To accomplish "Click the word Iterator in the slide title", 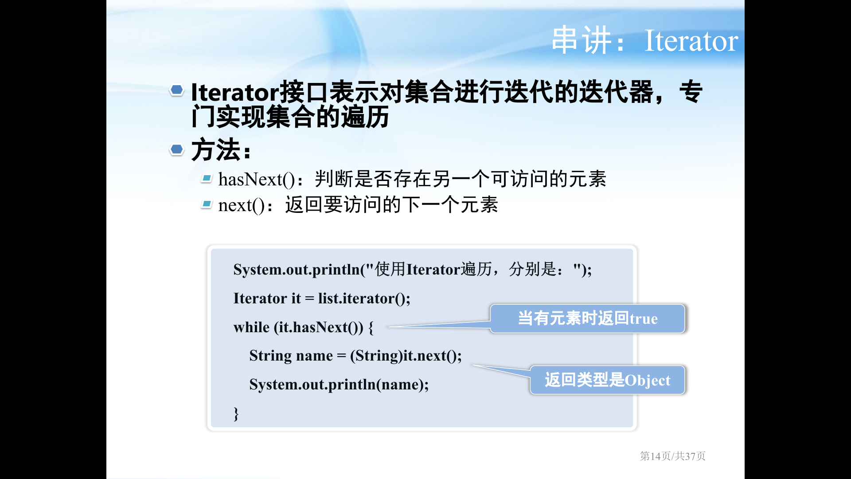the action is [x=691, y=41].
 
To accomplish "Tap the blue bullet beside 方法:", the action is [x=177, y=149].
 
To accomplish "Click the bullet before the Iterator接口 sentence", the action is [x=177, y=90].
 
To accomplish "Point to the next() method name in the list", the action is [x=242, y=205].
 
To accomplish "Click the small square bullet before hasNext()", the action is [x=207, y=178].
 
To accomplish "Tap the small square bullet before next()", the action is [x=207, y=204].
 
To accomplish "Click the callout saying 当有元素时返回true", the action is [x=587, y=318].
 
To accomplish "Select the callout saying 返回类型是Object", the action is [x=607, y=380].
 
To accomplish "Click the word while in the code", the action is [x=251, y=327].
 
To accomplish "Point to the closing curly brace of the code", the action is [x=236, y=414].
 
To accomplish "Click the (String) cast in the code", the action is [x=376, y=356].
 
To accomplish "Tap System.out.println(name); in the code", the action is [x=339, y=385].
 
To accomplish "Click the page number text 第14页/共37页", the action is [x=672, y=456].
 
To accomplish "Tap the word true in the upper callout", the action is [x=644, y=319].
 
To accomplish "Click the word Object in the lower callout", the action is [x=648, y=381].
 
